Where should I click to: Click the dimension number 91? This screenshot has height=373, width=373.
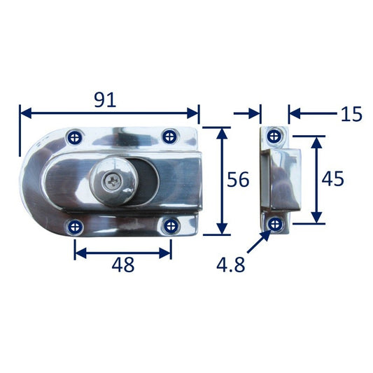(105, 100)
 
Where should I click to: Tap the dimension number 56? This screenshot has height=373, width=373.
(238, 179)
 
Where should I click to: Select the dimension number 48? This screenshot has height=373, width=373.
(123, 265)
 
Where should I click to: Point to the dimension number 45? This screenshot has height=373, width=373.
(332, 178)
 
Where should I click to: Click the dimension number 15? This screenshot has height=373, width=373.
(351, 114)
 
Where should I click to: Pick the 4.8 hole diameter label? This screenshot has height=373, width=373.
(230, 265)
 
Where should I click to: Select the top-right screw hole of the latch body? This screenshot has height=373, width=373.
(169, 136)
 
